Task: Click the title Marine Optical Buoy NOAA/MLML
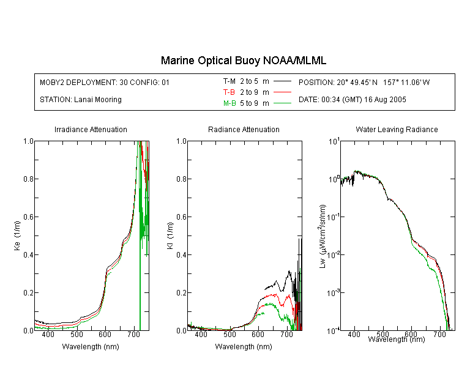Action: (243, 61)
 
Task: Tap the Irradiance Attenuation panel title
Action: (91, 129)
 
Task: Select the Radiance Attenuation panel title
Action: (244, 129)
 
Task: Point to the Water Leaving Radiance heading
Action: (397, 129)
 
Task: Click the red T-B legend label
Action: (229, 92)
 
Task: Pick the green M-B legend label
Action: (229, 103)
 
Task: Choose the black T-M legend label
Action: (229, 81)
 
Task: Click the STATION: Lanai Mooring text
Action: (81, 100)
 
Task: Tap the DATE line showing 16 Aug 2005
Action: (352, 100)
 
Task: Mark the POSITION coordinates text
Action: (364, 82)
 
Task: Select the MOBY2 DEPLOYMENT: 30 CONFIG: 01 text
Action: (105, 82)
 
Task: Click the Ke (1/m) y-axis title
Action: (17, 235)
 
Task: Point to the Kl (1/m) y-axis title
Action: (170, 235)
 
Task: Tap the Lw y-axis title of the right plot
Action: (323, 236)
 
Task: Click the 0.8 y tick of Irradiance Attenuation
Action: (28, 179)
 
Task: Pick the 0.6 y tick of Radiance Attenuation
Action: (182, 217)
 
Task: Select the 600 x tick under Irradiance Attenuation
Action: (105, 335)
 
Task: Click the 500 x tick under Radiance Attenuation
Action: (229, 335)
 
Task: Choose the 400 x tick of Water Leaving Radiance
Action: (354, 334)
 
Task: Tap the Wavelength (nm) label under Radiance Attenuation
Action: (244, 347)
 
